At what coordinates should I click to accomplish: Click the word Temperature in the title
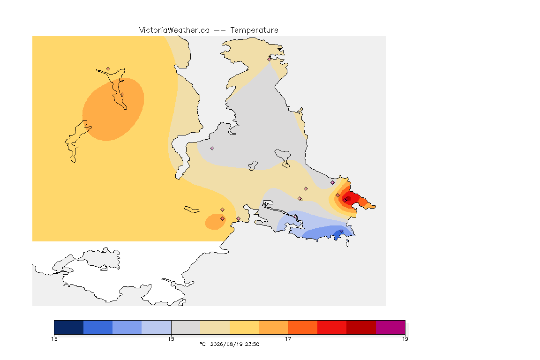tap(254, 30)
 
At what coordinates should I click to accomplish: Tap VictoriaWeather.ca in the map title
tap(174, 30)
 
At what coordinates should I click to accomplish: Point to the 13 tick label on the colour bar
tap(54, 339)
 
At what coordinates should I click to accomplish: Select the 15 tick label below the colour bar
tap(171, 339)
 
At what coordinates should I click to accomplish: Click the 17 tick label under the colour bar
tap(288, 339)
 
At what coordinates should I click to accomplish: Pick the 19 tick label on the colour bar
tap(405, 339)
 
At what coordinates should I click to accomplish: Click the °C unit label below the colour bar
tap(202, 344)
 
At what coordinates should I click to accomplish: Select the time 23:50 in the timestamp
tap(252, 344)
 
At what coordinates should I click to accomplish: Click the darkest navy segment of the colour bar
tap(69, 327)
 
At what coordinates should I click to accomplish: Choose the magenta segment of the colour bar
tap(390, 327)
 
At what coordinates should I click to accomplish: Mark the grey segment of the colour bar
tap(186, 327)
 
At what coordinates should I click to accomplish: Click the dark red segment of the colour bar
tap(361, 327)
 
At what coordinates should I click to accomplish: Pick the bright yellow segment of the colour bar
tap(244, 327)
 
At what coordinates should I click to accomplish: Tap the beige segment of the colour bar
tap(215, 327)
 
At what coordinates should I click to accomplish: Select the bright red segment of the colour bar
tap(332, 327)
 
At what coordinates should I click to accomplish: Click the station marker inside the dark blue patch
tap(341, 231)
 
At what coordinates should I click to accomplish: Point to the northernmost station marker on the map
tap(270, 59)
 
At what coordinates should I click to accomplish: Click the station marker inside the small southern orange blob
tap(223, 219)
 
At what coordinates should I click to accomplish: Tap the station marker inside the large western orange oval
tap(122, 94)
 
